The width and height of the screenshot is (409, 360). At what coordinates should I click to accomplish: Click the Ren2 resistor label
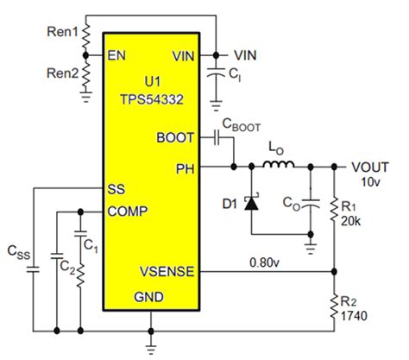pyautogui.click(x=61, y=75)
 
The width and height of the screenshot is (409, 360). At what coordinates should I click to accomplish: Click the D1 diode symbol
pyautogui.click(x=252, y=205)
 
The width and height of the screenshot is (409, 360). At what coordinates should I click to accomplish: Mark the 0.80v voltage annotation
pyautogui.click(x=265, y=261)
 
